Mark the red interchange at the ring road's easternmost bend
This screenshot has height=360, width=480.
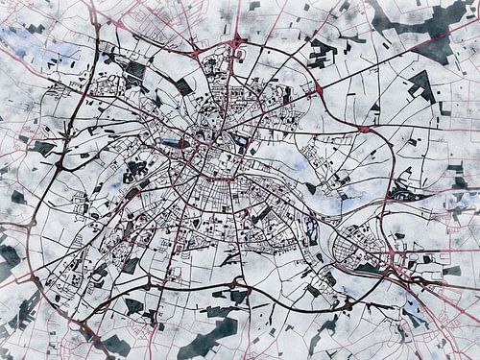click(x=364, y=128)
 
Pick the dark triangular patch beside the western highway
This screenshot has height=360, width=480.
click(x=43, y=149)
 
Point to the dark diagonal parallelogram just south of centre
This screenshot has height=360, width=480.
click(x=230, y=257)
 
